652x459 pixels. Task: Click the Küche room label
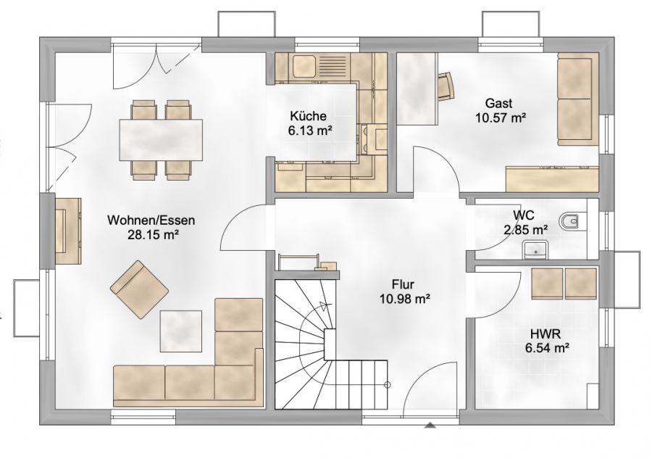pos(308,115)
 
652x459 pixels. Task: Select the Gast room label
pos(498,103)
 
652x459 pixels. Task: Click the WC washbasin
pos(535,249)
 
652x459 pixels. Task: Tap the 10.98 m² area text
pos(404,298)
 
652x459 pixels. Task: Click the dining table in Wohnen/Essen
pos(161,140)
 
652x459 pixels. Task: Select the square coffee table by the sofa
pos(181,331)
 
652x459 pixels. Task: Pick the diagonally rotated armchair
pos(139,289)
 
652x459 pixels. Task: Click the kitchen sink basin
pos(303,65)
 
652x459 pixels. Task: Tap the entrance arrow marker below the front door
pos(430,426)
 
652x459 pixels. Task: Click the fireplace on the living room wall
pos(67,231)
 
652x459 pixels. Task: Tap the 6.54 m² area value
pos(547,347)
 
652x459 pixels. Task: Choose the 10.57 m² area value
pos(500,117)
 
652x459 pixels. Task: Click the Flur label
pos(403,284)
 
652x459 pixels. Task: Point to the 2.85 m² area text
pos(526,229)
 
